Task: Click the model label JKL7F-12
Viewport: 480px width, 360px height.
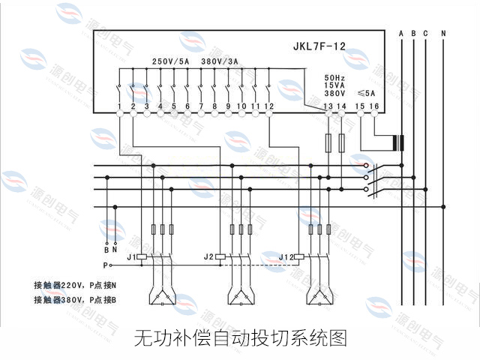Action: pos(318,46)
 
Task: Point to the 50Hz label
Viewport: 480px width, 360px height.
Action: pos(334,77)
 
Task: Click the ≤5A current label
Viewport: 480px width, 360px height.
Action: pos(367,93)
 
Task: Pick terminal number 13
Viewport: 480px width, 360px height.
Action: pos(328,107)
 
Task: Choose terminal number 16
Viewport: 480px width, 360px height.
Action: pos(374,107)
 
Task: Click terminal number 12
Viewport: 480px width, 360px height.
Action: pos(268,107)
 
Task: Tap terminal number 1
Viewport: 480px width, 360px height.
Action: pos(119,107)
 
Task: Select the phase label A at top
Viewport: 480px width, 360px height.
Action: pos(402,33)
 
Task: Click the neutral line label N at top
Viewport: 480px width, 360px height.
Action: pos(443,33)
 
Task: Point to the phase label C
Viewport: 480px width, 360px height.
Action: pos(425,33)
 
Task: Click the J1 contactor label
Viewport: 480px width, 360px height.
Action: pos(130,256)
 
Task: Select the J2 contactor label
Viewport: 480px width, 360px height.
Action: pos(208,256)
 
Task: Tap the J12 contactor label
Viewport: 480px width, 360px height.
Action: pos(286,256)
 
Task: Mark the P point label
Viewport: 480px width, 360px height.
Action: pos(105,265)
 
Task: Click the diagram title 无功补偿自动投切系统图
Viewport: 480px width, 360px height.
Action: pos(240,338)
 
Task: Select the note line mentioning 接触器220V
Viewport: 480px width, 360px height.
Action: pos(75,285)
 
